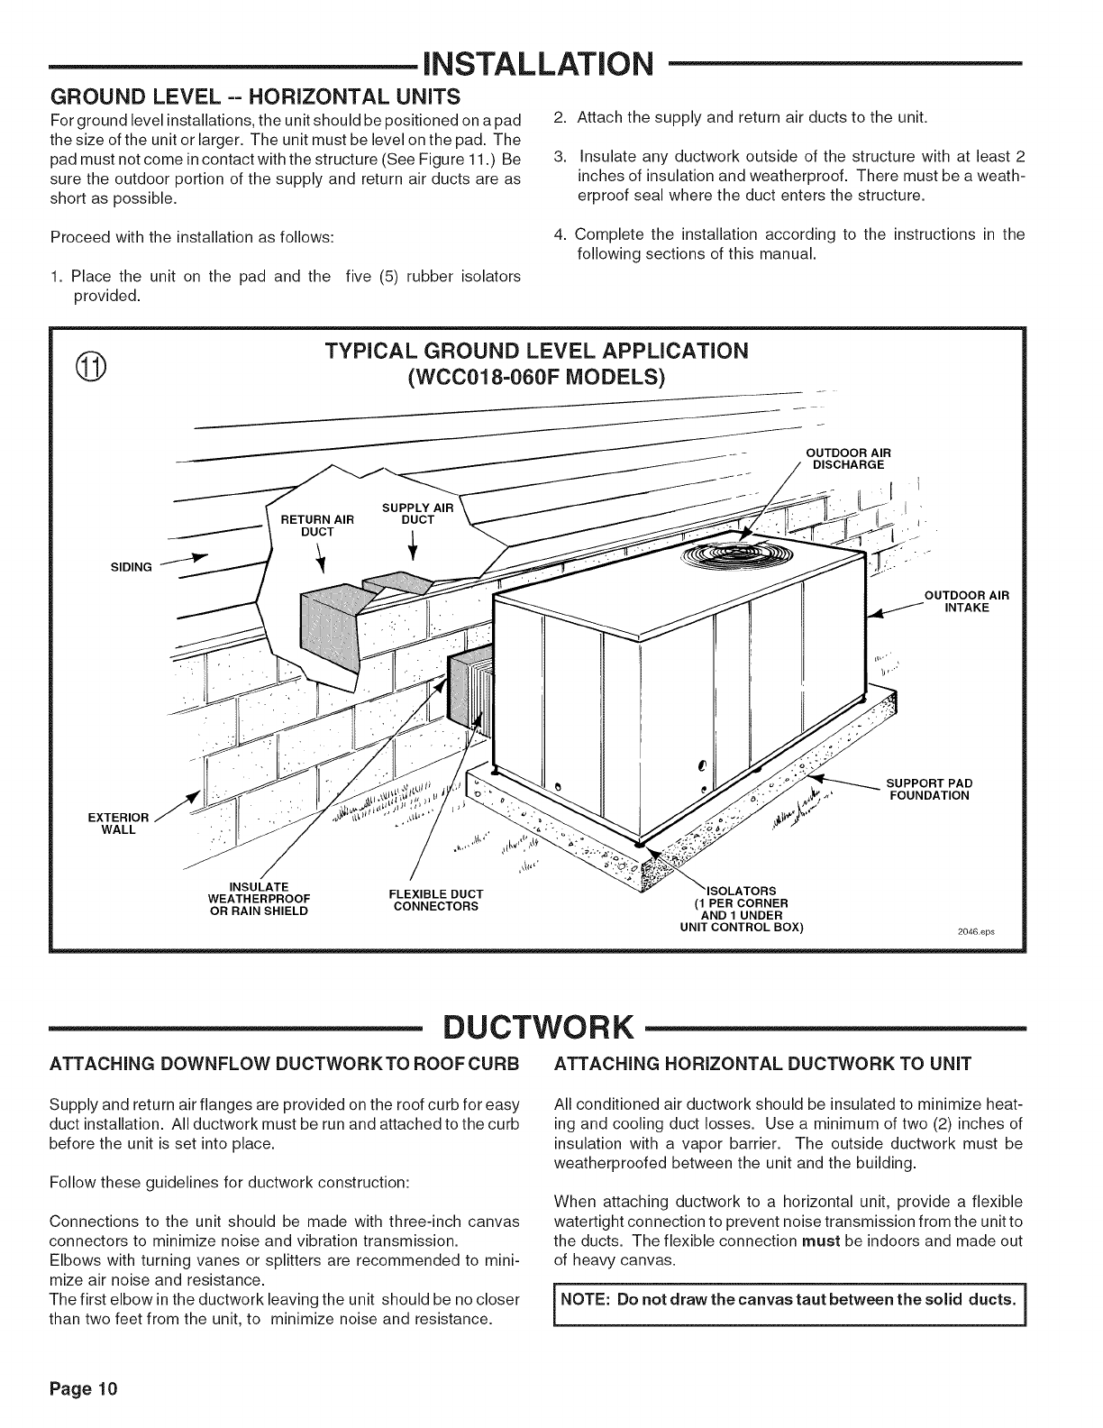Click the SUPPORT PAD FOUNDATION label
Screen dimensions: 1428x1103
tap(928, 789)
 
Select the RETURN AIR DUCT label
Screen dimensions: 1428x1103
tap(317, 525)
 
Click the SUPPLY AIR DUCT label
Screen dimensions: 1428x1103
tap(418, 514)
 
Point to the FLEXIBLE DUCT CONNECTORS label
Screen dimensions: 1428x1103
tap(435, 899)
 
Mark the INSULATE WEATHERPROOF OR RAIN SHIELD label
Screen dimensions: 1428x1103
tap(258, 899)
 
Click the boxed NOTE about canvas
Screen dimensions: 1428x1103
tap(789, 1299)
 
